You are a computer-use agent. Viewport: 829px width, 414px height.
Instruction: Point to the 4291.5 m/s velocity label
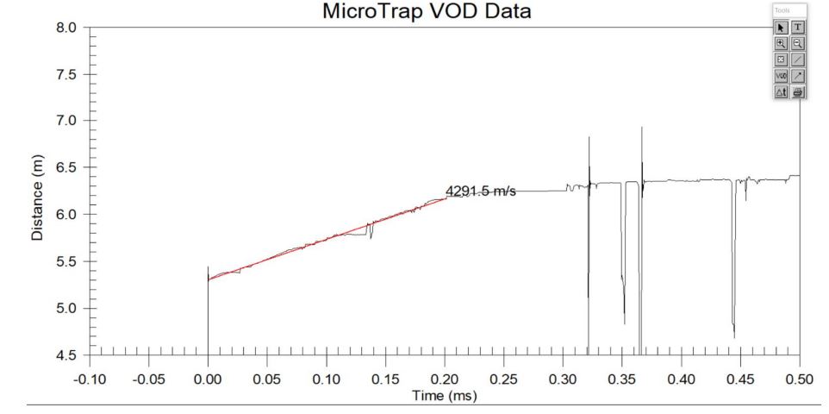[480, 191]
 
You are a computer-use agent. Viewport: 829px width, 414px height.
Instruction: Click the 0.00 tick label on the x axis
[208, 379]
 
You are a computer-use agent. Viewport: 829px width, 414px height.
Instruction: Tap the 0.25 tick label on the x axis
[503, 379]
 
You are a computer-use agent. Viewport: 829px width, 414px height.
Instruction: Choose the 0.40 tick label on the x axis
[681, 379]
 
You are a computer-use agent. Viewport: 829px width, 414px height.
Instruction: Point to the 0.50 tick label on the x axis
[800, 379]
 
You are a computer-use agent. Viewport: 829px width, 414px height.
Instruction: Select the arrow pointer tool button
[782, 27]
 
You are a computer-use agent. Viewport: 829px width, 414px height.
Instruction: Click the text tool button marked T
[798, 27]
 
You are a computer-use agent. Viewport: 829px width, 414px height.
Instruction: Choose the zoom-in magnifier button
[782, 43]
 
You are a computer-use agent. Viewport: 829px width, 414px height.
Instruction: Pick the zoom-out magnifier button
[798, 43]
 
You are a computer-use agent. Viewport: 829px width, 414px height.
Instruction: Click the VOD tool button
[782, 76]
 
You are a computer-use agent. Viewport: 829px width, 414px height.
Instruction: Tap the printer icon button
[798, 92]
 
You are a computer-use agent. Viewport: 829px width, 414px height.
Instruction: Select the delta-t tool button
[782, 92]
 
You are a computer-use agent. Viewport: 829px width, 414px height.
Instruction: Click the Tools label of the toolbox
[781, 10]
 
